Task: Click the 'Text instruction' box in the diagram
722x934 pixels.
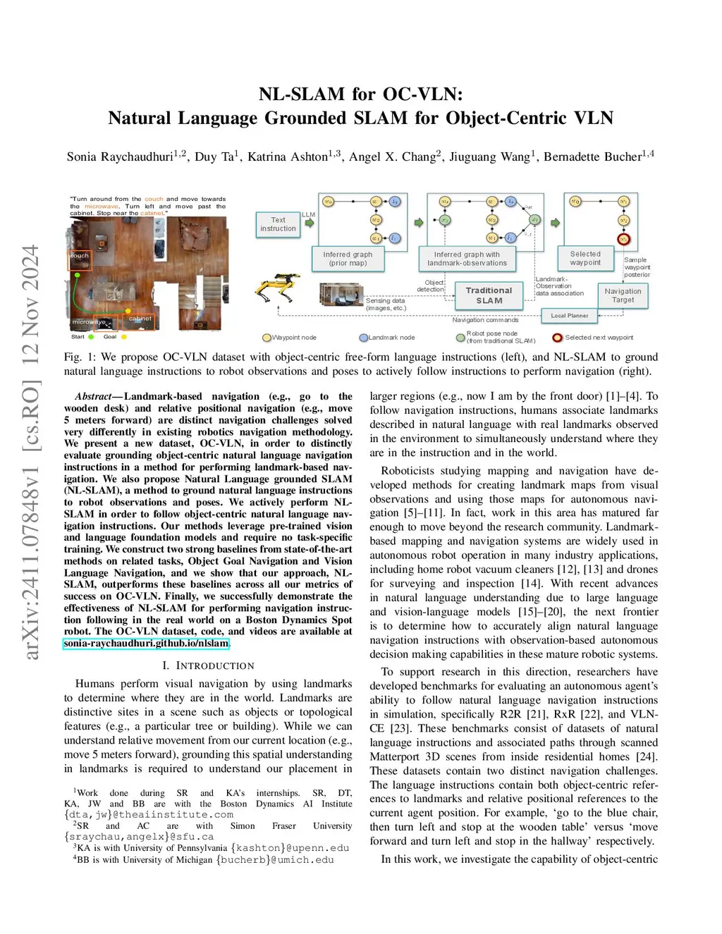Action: click(x=278, y=224)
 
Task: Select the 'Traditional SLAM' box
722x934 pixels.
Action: click(x=489, y=295)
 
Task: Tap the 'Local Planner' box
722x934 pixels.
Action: click(x=569, y=316)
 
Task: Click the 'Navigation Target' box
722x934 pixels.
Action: click(x=623, y=295)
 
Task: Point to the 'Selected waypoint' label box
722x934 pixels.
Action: click(x=585, y=259)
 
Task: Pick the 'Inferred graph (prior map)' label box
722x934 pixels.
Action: click(x=348, y=259)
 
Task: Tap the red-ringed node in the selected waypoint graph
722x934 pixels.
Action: click(x=623, y=240)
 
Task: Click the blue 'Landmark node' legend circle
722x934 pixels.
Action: click(x=363, y=338)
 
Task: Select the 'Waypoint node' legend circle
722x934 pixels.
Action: click(x=267, y=338)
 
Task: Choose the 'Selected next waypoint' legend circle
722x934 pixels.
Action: click(x=557, y=338)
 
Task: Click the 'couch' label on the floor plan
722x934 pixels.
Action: click(x=79, y=256)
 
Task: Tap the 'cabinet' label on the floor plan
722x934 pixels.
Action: click(x=140, y=319)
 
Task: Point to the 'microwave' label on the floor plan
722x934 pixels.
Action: click(x=88, y=322)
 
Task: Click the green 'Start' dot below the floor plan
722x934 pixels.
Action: click(x=91, y=337)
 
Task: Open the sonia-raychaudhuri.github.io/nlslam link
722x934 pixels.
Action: click(x=146, y=644)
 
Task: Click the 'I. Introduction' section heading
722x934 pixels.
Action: click(x=208, y=665)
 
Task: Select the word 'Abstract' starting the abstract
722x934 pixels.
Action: click(x=94, y=396)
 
